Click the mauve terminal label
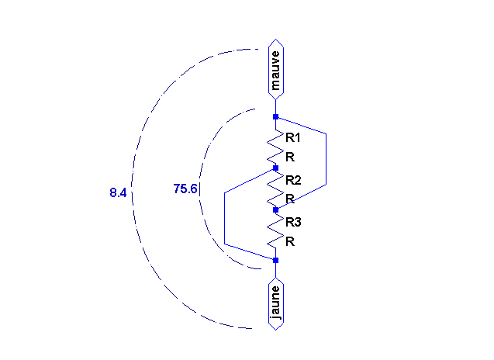point(275,70)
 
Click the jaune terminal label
point(275,303)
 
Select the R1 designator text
point(292,137)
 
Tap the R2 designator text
point(293,180)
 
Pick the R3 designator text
point(293,222)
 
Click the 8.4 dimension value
point(118,192)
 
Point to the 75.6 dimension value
point(185,189)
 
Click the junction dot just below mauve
point(275,117)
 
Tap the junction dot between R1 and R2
point(275,168)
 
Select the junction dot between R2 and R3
point(275,209)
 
